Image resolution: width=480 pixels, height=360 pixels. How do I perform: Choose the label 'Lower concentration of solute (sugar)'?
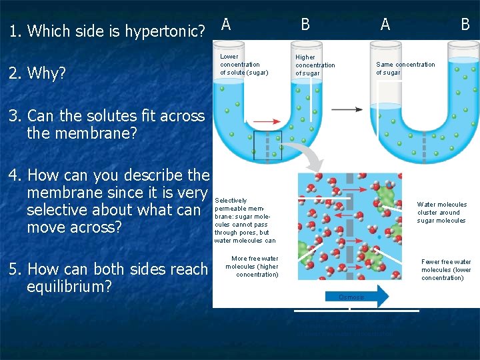[244, 65]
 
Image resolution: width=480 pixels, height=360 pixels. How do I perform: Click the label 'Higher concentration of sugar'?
[315, 65]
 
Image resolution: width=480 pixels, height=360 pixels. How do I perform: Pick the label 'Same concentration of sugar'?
[405, 69]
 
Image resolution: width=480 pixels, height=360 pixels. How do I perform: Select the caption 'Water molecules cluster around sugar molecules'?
[441, 213]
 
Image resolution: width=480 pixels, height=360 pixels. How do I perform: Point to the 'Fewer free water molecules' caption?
[446, 269]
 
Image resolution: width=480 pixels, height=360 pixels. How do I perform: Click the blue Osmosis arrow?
[357, 296]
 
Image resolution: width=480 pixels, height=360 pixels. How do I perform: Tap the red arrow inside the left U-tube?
[267, 122]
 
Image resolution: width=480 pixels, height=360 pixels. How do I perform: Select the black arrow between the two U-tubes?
[347, 109]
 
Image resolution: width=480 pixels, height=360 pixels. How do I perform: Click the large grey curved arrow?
[310, 157]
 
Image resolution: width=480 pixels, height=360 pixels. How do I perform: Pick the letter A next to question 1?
[226, 25]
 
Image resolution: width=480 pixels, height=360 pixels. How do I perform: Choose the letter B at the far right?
[465, 25]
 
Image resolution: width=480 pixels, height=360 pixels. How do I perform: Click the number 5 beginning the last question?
[11, 269]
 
